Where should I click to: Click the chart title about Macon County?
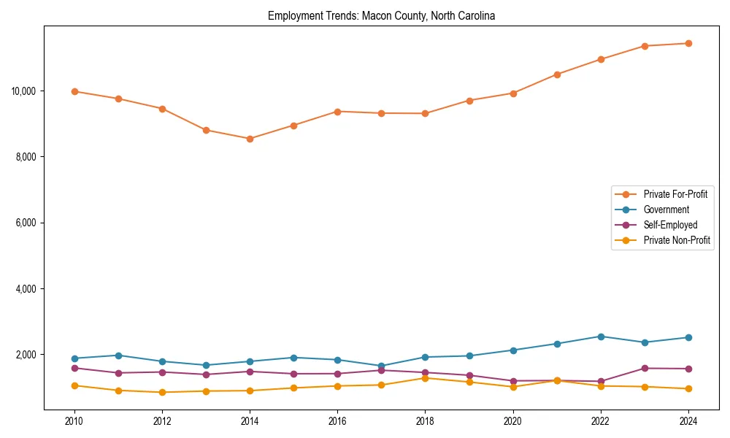point(381,16)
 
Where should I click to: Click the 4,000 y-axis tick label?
point(26,289)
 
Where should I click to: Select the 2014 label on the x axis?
point(250,420)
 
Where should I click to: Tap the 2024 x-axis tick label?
point(688,420)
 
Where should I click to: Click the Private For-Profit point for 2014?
point(250,139)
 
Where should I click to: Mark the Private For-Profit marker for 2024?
point(688,43)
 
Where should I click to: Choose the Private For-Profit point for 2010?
point(74,91)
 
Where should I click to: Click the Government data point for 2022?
point(601,337)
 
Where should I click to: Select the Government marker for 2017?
point(381,366)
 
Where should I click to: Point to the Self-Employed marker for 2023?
point(645,368)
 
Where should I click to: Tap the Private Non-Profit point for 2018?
point(425,377)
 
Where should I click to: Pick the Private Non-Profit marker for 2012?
point(162,392)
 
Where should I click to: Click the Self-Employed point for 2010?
point(74,368)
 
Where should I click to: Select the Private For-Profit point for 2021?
point(557,74)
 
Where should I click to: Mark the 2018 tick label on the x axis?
point(425,420)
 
